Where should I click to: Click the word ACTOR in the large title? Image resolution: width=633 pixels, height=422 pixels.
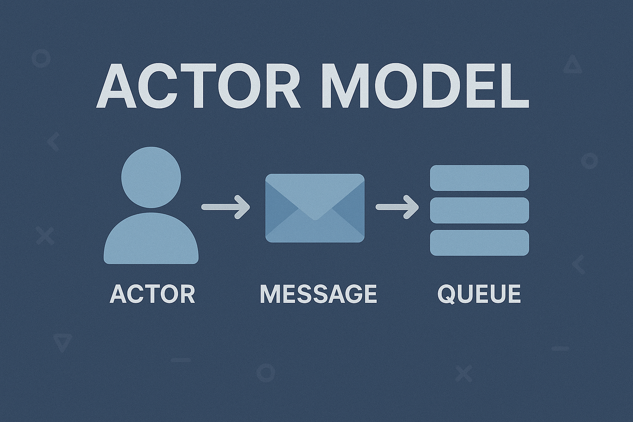[x=198, y=86]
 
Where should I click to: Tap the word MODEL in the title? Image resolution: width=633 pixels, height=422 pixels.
[x=425, y=86]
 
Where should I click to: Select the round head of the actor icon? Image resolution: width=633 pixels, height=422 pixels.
[x=151, y=177]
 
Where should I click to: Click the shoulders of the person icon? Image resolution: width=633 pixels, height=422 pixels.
[x=151, y=238]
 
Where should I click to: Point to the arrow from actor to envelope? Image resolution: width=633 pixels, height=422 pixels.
[x=225, y=207]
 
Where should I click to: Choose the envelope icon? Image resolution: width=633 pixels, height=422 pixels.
[x=315, y=208]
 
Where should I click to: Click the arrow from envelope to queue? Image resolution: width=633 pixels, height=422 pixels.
[x=397, y=207]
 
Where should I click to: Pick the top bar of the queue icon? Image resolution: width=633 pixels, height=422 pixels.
[x=479, y=178]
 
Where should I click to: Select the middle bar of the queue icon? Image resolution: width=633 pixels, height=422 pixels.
[x=479, y=210]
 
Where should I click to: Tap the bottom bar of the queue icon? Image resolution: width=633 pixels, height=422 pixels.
[x=479, y=243]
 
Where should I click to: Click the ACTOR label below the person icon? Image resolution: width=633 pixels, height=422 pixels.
[x=152, y=294]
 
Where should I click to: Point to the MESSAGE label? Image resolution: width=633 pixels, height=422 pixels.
[x=318, y=294]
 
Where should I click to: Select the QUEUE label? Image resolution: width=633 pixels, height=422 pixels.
[x=479, y=295]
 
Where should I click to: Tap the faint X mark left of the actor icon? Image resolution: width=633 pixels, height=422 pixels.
[x=45, y=236]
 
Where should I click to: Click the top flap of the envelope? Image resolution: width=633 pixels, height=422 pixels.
[x=315, y=195]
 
